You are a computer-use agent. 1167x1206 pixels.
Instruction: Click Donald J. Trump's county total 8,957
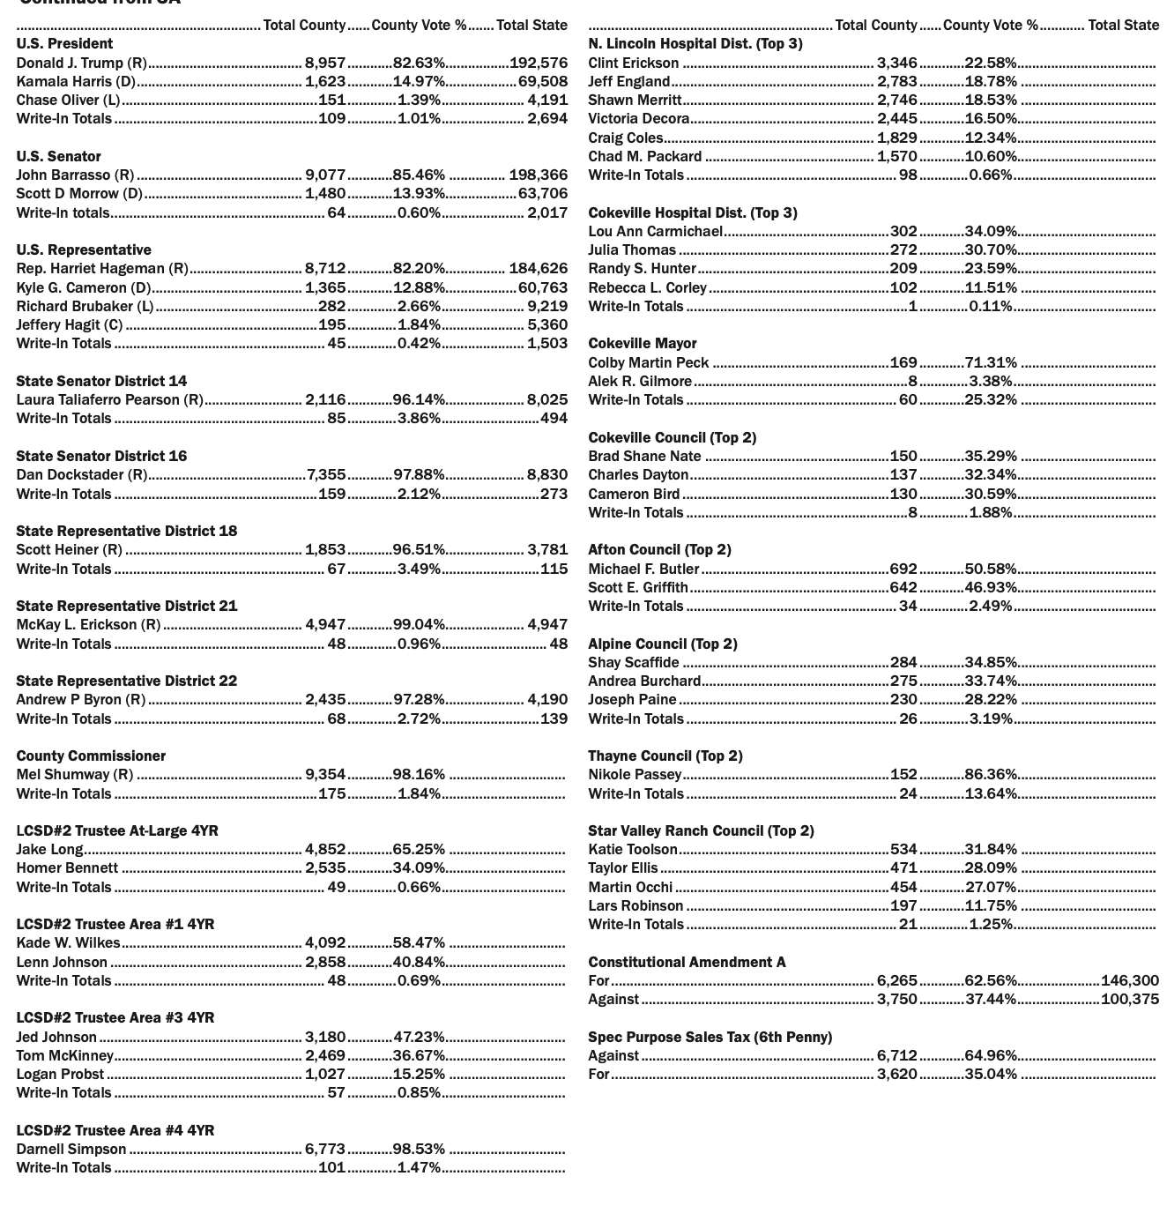coord(325,63)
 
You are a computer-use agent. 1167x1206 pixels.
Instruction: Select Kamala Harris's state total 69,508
coord(542,81)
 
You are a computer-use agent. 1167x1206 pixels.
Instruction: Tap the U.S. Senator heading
coord(58,156)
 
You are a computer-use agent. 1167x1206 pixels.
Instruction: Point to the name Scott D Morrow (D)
coord(79,193)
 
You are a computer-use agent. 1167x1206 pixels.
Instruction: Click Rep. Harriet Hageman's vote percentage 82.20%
coord(419,268)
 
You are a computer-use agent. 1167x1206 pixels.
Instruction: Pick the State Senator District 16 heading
coord(101,456)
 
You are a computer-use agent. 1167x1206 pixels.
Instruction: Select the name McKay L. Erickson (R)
coord(88,624)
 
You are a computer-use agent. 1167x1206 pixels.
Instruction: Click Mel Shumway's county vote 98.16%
coord(419,774)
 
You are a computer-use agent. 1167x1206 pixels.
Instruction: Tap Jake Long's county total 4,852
coord(325,849)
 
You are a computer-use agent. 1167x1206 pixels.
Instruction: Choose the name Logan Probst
coord(60,1074)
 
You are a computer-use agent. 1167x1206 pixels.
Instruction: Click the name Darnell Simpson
coord(71,1149)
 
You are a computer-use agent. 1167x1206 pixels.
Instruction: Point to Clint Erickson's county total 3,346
coord(896,63)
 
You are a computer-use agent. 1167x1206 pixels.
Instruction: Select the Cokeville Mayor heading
coord(642,343)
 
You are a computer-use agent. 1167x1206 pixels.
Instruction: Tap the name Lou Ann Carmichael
coord(655,231)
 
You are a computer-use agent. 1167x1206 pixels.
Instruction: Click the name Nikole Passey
coord(635,774)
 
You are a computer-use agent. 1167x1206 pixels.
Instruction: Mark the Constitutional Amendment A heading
coord(687,962)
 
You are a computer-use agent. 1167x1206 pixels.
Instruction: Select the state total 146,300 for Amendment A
coord(1129,980)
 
